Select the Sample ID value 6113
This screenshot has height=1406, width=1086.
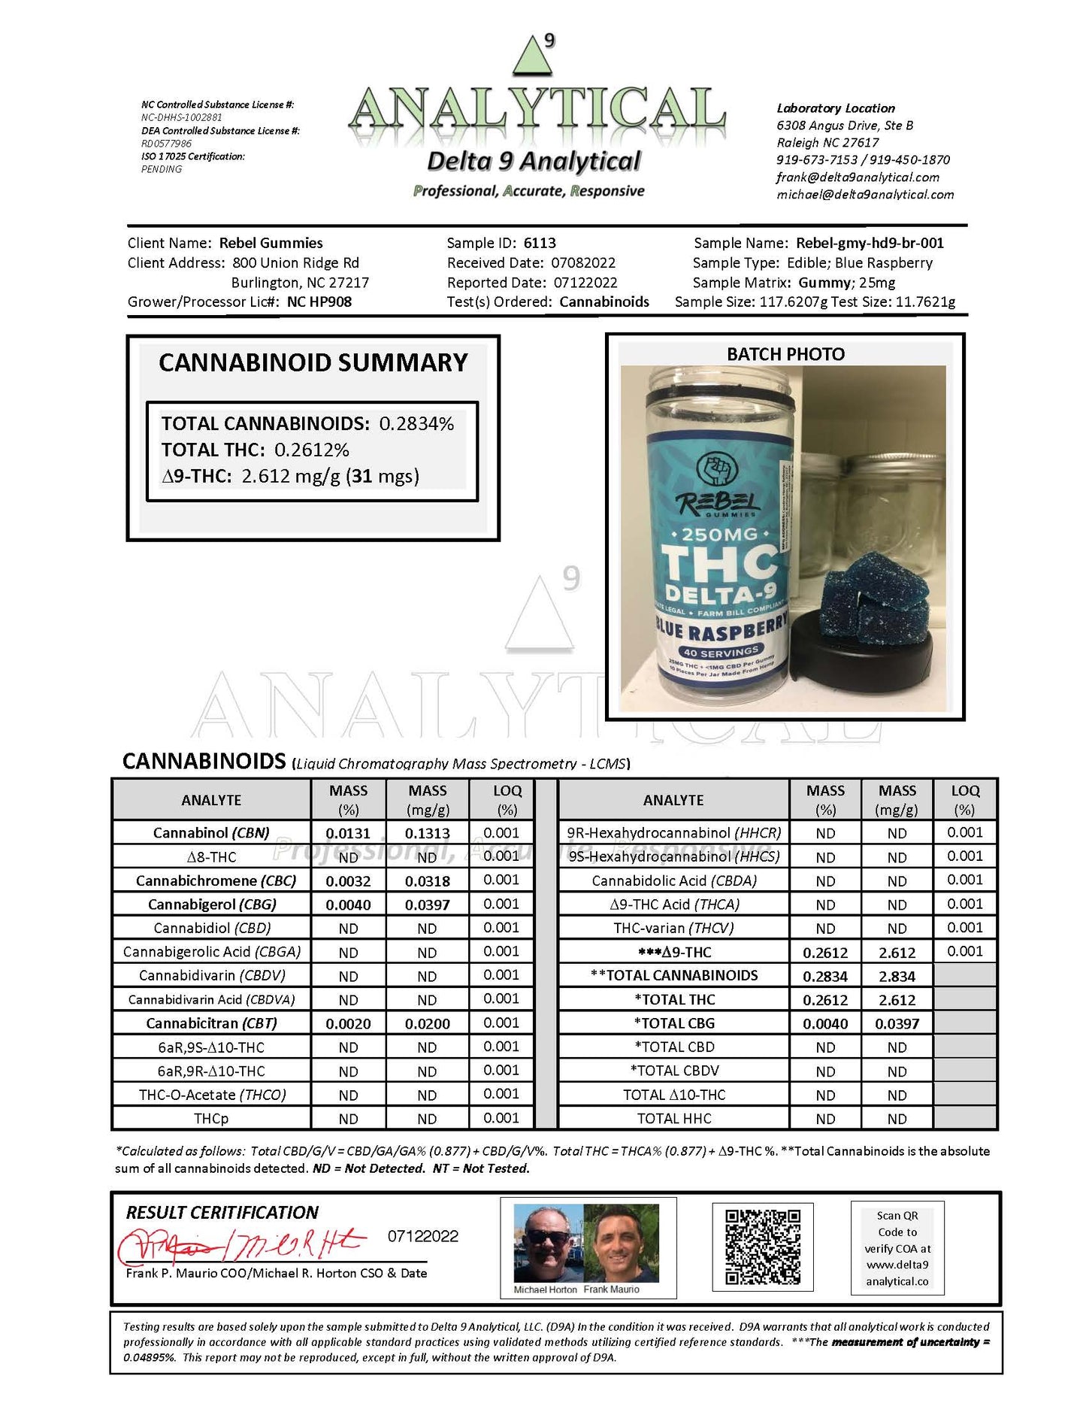(540, 243)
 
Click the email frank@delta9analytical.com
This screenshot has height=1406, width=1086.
(858, 177)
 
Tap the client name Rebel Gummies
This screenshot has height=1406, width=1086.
(271, 243)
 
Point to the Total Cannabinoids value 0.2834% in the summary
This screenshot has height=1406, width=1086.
(416, 423)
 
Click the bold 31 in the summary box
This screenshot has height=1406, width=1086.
(361, 476)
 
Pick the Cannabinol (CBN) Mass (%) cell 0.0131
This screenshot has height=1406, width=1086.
(348, 833)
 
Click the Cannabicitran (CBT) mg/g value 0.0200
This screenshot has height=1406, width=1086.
(427, 1023)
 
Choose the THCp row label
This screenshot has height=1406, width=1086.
(211, 1119)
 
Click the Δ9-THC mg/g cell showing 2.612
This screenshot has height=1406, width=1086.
(897, 953)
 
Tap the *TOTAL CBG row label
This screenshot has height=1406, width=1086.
(674, 1023)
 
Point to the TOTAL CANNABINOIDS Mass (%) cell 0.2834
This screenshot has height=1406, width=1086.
(825, 976)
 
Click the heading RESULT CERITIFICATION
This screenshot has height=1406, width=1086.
(222, 1212)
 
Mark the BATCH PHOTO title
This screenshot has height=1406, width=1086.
(785, 354)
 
